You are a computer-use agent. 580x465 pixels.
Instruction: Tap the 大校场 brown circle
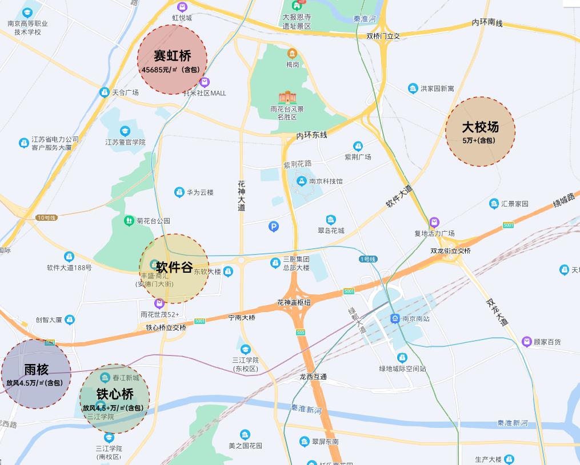(x=480, y=131)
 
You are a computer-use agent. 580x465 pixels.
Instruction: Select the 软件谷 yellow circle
(x=174, y=268)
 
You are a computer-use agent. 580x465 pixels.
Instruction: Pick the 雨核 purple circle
(x=35, y=374)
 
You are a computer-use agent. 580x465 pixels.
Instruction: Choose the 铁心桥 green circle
(x=114, y=398)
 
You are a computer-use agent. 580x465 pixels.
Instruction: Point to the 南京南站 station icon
(x=395, y=318)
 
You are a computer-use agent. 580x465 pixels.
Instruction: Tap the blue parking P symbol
(x=274, y=227)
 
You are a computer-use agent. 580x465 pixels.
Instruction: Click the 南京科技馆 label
(x=326, y=181)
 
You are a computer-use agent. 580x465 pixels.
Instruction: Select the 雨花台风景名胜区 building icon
(x=287, y=98)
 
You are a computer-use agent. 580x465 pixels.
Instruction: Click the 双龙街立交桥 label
(x=451, y=251)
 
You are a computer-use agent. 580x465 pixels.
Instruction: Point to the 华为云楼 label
(x=200, y=193)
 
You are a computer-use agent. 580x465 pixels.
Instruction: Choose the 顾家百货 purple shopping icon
(x=526, y=342)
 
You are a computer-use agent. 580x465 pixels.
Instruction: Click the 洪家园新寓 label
(x=437, y=88)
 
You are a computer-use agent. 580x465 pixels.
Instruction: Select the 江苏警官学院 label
(x=125, y=142)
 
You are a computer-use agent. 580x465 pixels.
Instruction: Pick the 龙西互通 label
(x=313, y=377)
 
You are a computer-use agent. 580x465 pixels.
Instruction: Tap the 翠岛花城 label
(x=331, y=231)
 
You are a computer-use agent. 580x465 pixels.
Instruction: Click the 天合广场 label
(x=125, y=92)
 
